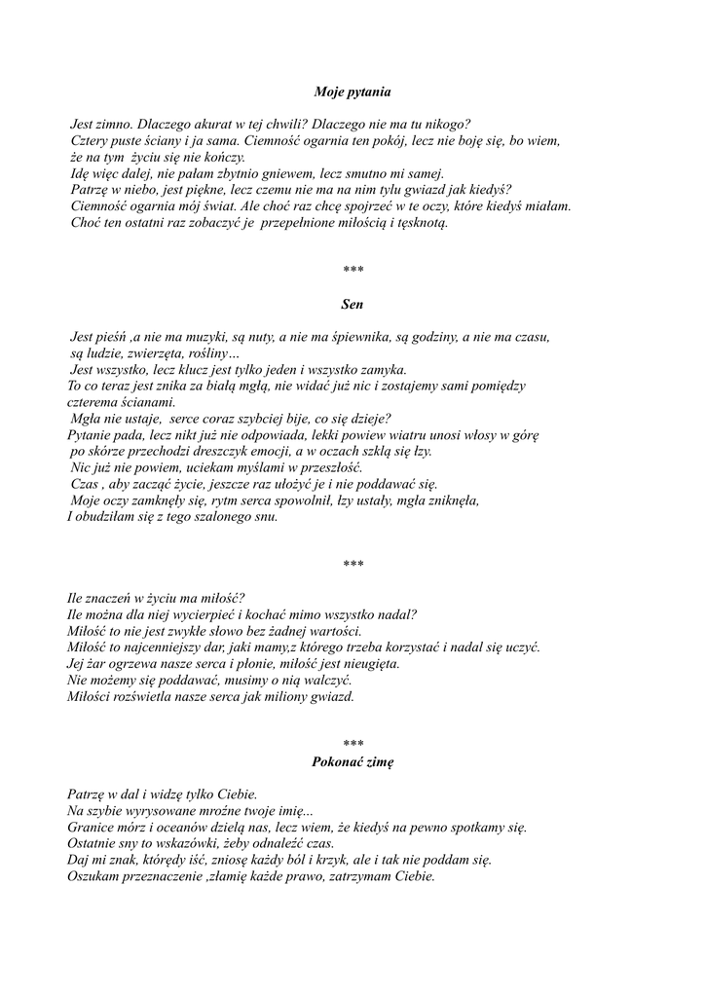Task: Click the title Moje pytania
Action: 353,92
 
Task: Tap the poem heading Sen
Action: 353,305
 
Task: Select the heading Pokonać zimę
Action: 353,762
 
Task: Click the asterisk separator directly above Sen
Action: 353,270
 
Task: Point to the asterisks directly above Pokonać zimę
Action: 353,744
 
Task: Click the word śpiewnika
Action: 365,337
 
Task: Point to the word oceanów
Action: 179,828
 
